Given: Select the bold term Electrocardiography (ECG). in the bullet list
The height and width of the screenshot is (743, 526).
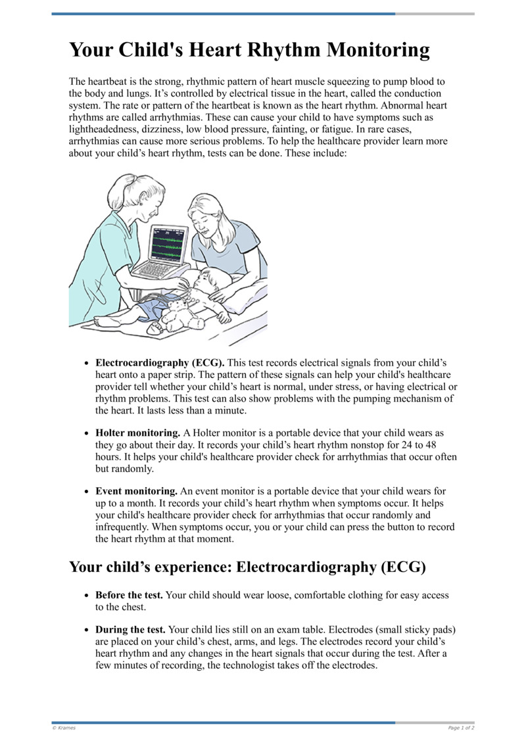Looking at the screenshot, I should (160, 362).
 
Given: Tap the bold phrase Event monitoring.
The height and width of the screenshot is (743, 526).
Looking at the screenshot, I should (137, 491).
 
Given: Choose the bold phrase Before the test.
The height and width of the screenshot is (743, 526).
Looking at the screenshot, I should (129, 595).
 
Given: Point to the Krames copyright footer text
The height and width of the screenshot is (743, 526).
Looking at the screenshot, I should (64, 728).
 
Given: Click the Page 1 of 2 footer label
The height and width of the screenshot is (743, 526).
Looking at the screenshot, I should (461, 728).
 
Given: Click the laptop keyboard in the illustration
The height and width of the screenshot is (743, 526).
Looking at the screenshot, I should (158, 269).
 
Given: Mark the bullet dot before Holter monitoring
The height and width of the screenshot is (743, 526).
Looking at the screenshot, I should (87, 434).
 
